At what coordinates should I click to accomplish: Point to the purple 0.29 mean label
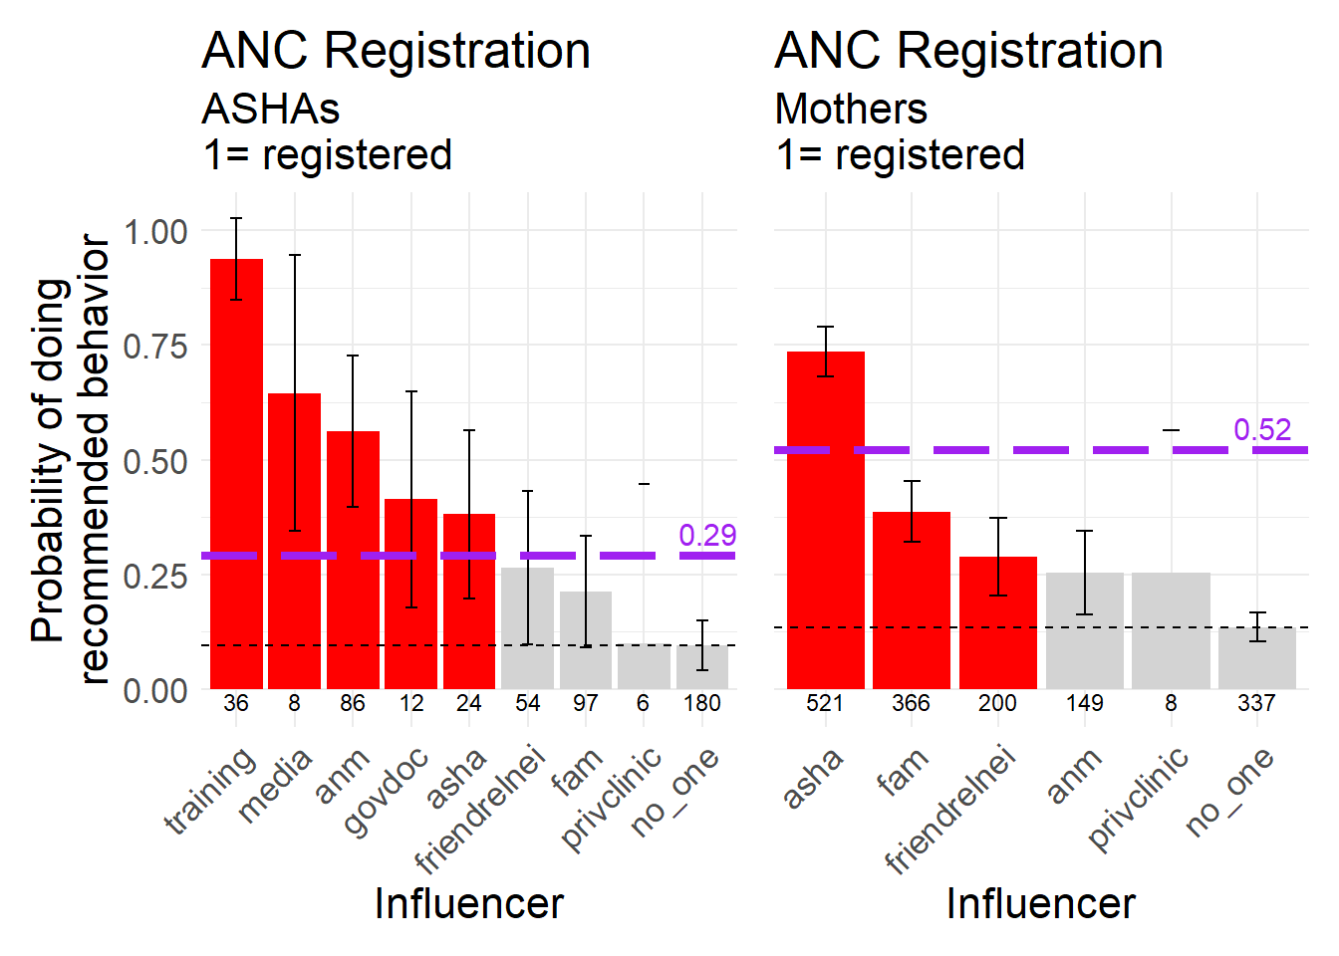click(707, 535)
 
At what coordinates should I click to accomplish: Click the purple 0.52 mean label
click(1262, 429)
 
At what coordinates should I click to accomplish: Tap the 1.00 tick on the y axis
click(155, 232)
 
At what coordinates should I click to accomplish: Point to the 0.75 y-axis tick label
click(155, 347)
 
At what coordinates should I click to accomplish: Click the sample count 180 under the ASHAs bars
click(702, 703)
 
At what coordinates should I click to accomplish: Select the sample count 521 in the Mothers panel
click(825, 703)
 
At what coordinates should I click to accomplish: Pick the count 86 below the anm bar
click(353, 703)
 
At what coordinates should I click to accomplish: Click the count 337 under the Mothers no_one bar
click(1256, 703)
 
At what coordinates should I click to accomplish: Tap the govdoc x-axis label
click(387, 791)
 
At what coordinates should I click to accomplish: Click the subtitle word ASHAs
click(270, 109)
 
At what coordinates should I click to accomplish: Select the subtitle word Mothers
click(851, 109)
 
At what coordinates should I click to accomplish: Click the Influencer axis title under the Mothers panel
click(1040, 903)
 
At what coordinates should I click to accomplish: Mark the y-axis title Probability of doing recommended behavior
click(70, 460)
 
